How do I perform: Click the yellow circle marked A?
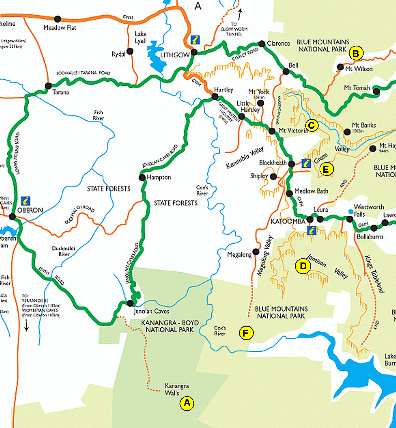pyautogui.click(x=187, y=403)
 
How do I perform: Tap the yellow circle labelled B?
pyautogui.click(x=356, y=53)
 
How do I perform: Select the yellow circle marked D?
pyautogui.click(x=303, y=266)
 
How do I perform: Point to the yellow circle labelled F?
pyautogui.click(x=246, y=333)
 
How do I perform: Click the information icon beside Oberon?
pyautogui.click(x=26, y=201)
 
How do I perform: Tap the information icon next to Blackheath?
pyautogui.click(x=306, y=163)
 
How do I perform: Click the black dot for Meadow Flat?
pyautogui.click(x=58, y=19)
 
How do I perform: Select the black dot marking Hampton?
pyautogui.click(x=142, y=177)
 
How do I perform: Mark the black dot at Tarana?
pyautogui.click(x=48, y=86)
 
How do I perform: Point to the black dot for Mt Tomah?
pyautogui.click(x=376, y=91)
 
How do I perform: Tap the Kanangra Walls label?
pyautogui.click(x=176, y=389)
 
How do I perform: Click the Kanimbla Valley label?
pyautogui.click(x=245, y=157)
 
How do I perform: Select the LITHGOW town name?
pyautogui.click(x=175, y=55)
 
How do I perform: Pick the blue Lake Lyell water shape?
pyautogui.click(x=156, y=56)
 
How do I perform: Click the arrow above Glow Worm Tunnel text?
pyautogui.click(x=240, y=14)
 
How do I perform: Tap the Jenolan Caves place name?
pyautogui.click(x=151, y=311)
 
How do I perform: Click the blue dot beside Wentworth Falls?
pyautogui.click(x=351, y=212)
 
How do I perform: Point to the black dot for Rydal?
pyautogui.click(x=130, y=51)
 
